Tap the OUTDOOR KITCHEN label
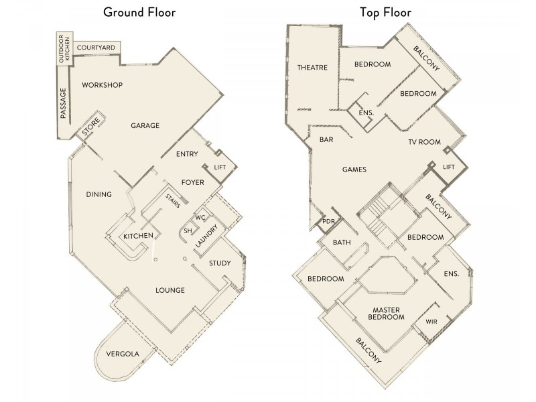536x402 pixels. pos(63,48)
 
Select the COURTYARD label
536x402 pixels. pos(94,48)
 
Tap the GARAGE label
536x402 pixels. pos(145,125)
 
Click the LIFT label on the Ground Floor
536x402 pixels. pos(220,167)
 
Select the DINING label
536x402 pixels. pos(98,194)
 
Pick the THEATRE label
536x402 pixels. pos(312,67)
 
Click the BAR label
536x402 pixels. pos(327,140)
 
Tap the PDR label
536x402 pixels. pos(328,221)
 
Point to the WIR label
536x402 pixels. pos(431,322)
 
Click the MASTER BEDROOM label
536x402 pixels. pos(388,312)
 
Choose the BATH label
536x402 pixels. pos(342,243)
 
